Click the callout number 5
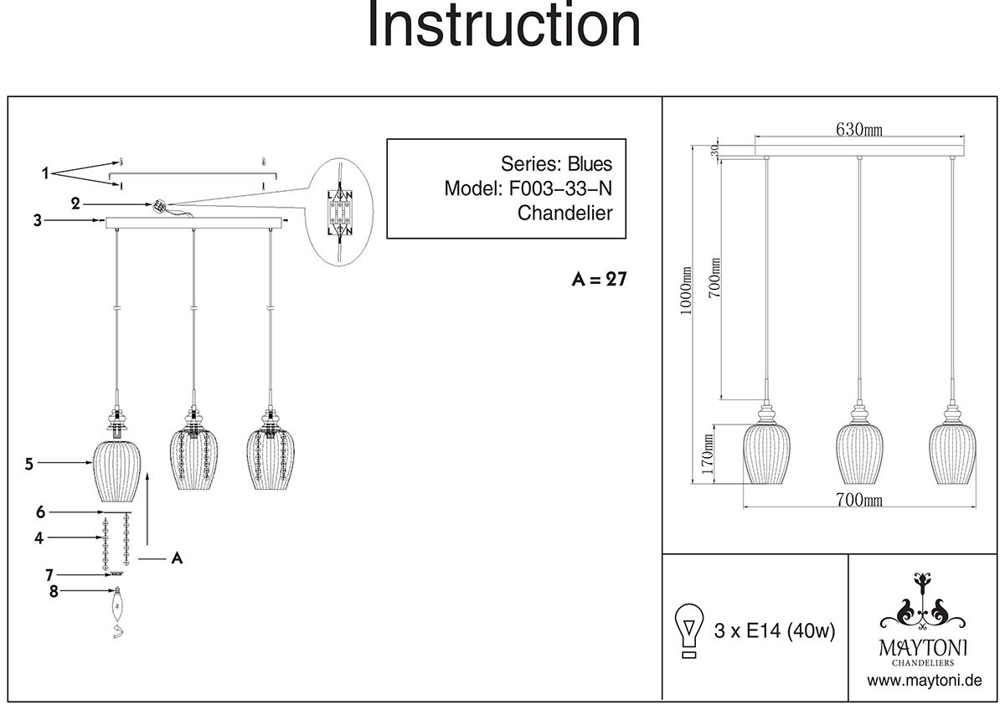(28, 462)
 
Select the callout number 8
(54, 592)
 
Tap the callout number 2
(75, 203)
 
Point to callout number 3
(37, 221)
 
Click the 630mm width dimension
(859, 129)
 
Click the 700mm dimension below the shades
(859, 500)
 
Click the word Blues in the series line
(590, 163)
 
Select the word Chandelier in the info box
(564, 213)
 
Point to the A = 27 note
(598, 280)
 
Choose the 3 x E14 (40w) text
(775, 630)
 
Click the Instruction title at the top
(503, 27)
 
